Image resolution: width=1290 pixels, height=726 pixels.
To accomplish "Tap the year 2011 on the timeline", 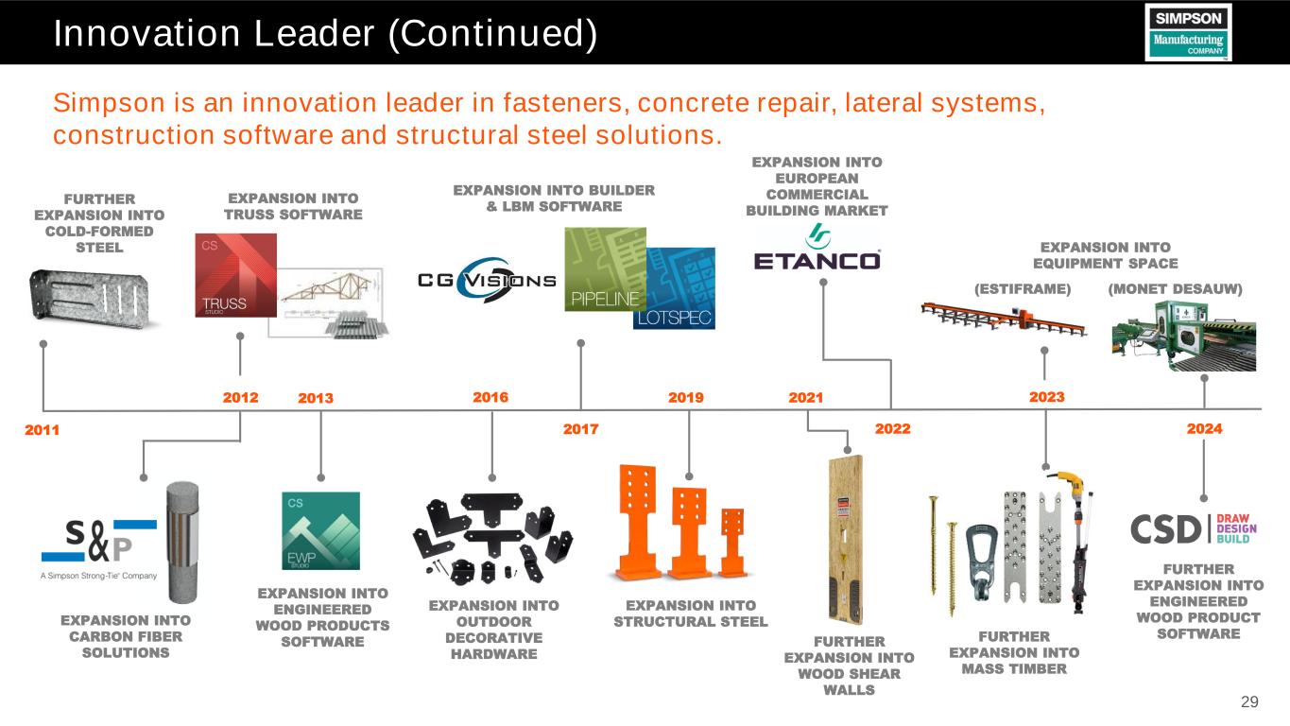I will click(42, 430).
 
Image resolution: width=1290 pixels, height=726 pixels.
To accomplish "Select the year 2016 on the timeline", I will click(490, 398).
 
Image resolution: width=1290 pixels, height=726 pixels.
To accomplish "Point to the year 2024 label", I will click(1204, 429).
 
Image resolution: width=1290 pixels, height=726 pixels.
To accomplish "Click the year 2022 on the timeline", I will click(892, 429).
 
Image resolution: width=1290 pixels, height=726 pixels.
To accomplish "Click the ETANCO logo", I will click(817, 250).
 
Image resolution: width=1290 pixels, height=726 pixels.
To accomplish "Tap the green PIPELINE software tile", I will click(603, 268).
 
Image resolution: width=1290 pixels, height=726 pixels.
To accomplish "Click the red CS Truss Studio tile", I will click(235, 275).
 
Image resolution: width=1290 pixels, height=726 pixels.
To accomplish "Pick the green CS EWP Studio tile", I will click(320, 529).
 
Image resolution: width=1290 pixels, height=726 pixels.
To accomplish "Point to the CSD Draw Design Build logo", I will click(1197, 528).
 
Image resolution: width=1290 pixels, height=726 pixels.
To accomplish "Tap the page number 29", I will click(1249, 701).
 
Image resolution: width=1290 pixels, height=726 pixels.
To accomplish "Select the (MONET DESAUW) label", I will click(1174, 288).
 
